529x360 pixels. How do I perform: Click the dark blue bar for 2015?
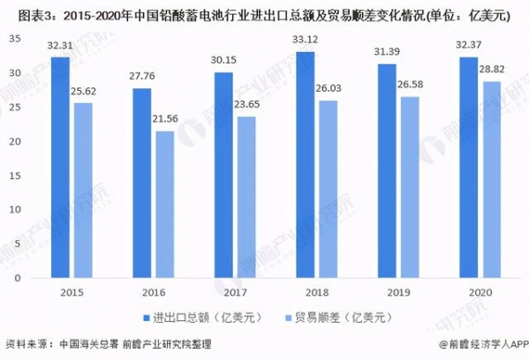60,168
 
